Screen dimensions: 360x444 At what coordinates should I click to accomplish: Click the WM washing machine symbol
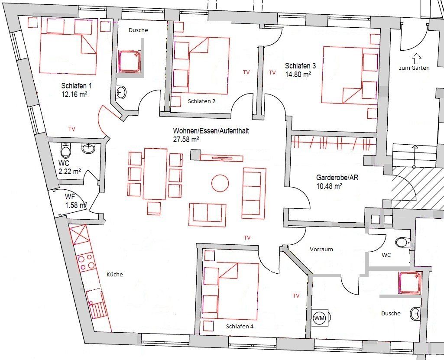[x=319, y=318]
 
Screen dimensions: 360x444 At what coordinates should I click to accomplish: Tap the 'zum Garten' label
[x=415, y=68]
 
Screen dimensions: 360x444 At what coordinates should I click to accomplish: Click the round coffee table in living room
[x=220, y=183]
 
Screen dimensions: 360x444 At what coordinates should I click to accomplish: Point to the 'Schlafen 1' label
[x=76, y=86]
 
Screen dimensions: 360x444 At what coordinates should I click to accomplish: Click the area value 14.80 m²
[x=298, y=74]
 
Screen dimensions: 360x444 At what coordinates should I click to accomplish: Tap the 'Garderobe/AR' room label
[x=335, y=178]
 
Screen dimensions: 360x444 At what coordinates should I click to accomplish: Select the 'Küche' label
[x=115, y=274]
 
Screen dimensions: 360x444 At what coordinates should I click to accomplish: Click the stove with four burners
[x=86, y=262]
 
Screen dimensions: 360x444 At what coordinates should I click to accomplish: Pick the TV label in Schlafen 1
[x=72, y=129]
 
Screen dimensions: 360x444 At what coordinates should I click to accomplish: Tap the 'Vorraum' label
[x=321, y=250]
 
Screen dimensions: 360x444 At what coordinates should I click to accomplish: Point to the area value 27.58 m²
[x=186, y=139]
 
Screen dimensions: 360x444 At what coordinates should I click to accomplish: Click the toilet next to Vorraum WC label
[x=402, y=242]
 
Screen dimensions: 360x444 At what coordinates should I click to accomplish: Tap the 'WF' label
[x=64, y=197]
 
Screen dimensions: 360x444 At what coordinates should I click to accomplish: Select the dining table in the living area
[x=156, y=173]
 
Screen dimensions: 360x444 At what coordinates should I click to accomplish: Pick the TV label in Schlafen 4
[x=296, y=296]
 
